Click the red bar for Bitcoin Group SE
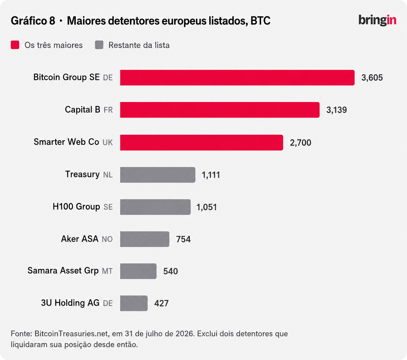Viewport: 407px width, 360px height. tap(237, 78)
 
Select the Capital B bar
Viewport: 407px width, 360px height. tap(220, 110)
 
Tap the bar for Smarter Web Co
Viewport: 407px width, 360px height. tap(201, 143)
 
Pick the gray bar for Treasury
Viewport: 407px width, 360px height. tap(158, 175)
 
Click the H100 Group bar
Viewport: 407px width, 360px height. tap(155, 207)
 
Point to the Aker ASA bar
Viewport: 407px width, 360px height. tap(145, 239)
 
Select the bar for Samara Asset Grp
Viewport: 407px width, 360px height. tap(138, 271)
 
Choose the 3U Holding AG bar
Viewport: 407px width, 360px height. tap(134, 303)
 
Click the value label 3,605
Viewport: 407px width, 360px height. tap(372, 78)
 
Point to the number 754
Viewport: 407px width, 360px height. tap(183, 239)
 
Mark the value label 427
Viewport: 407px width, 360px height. tap(161, 303)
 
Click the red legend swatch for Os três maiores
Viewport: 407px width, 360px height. tap(15, 45)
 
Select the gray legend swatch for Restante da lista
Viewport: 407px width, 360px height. tap(99, 45)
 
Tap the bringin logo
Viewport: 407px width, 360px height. tap(377, 20)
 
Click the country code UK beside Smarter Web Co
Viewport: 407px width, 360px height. tap(107, 143)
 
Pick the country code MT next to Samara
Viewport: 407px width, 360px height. tap(107, 271)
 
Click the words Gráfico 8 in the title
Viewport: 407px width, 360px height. tap(33, 21)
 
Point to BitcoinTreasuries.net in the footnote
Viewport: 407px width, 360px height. tap(72, 334)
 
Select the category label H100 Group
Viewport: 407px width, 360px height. tap(76, 206)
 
